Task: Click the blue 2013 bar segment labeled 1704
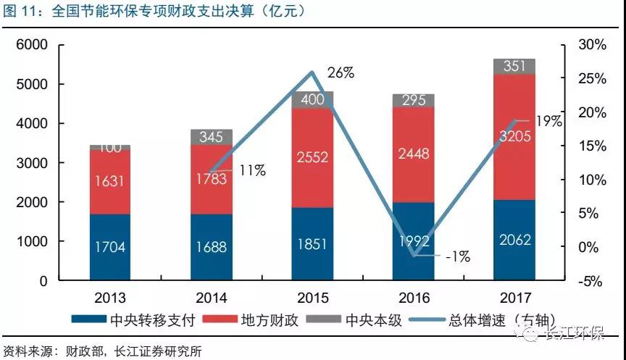[109, 247]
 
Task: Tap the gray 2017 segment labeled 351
[514, 66]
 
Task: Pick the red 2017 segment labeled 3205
[514, 137]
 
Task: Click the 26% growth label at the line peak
[340, 72]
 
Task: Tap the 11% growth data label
[251, 171]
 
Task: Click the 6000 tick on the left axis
[32, 45]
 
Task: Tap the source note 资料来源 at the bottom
[102, 350]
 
